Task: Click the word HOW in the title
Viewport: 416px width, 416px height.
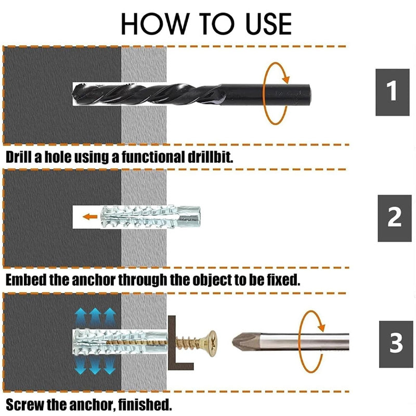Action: click(155, 23)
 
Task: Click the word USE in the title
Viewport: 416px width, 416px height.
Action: click(268, 23)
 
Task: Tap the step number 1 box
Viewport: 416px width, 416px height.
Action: click(393, 92)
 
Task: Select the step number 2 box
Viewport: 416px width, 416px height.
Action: click(395, 218)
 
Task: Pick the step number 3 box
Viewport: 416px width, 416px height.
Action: click(396, 344)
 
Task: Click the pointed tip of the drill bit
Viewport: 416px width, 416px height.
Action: click(73, 94)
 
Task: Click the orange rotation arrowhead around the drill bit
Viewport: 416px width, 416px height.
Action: click(285, 79)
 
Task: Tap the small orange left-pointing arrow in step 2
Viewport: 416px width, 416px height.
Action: click(90, 217)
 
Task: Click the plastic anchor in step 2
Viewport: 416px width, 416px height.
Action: click(151, 217)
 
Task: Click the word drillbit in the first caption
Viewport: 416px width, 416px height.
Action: click(210, 157)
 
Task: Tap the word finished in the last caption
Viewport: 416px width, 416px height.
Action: click(145, 405)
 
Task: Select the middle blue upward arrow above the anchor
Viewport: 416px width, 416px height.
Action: click(95, 318)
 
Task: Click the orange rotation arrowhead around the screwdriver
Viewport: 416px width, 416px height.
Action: click(321, 327)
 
